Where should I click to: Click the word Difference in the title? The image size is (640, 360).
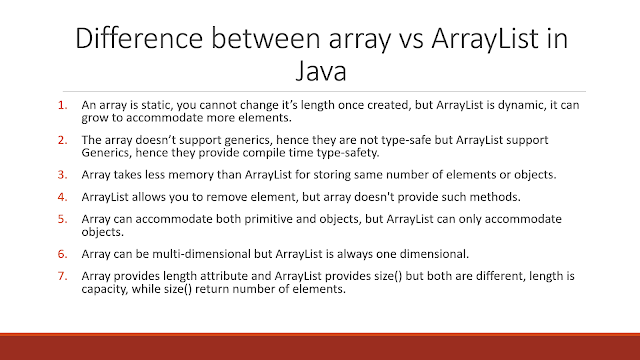(139, 38)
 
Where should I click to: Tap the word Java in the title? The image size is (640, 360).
(321, 71)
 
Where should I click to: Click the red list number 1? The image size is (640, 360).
(62, 105)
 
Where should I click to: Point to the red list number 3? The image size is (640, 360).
(62, 175)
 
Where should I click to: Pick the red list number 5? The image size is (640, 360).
(62, 219)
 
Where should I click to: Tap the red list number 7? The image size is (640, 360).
(62, 276)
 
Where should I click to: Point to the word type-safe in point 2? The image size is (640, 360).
(406, 141)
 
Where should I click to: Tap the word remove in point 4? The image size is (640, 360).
(227, 197)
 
